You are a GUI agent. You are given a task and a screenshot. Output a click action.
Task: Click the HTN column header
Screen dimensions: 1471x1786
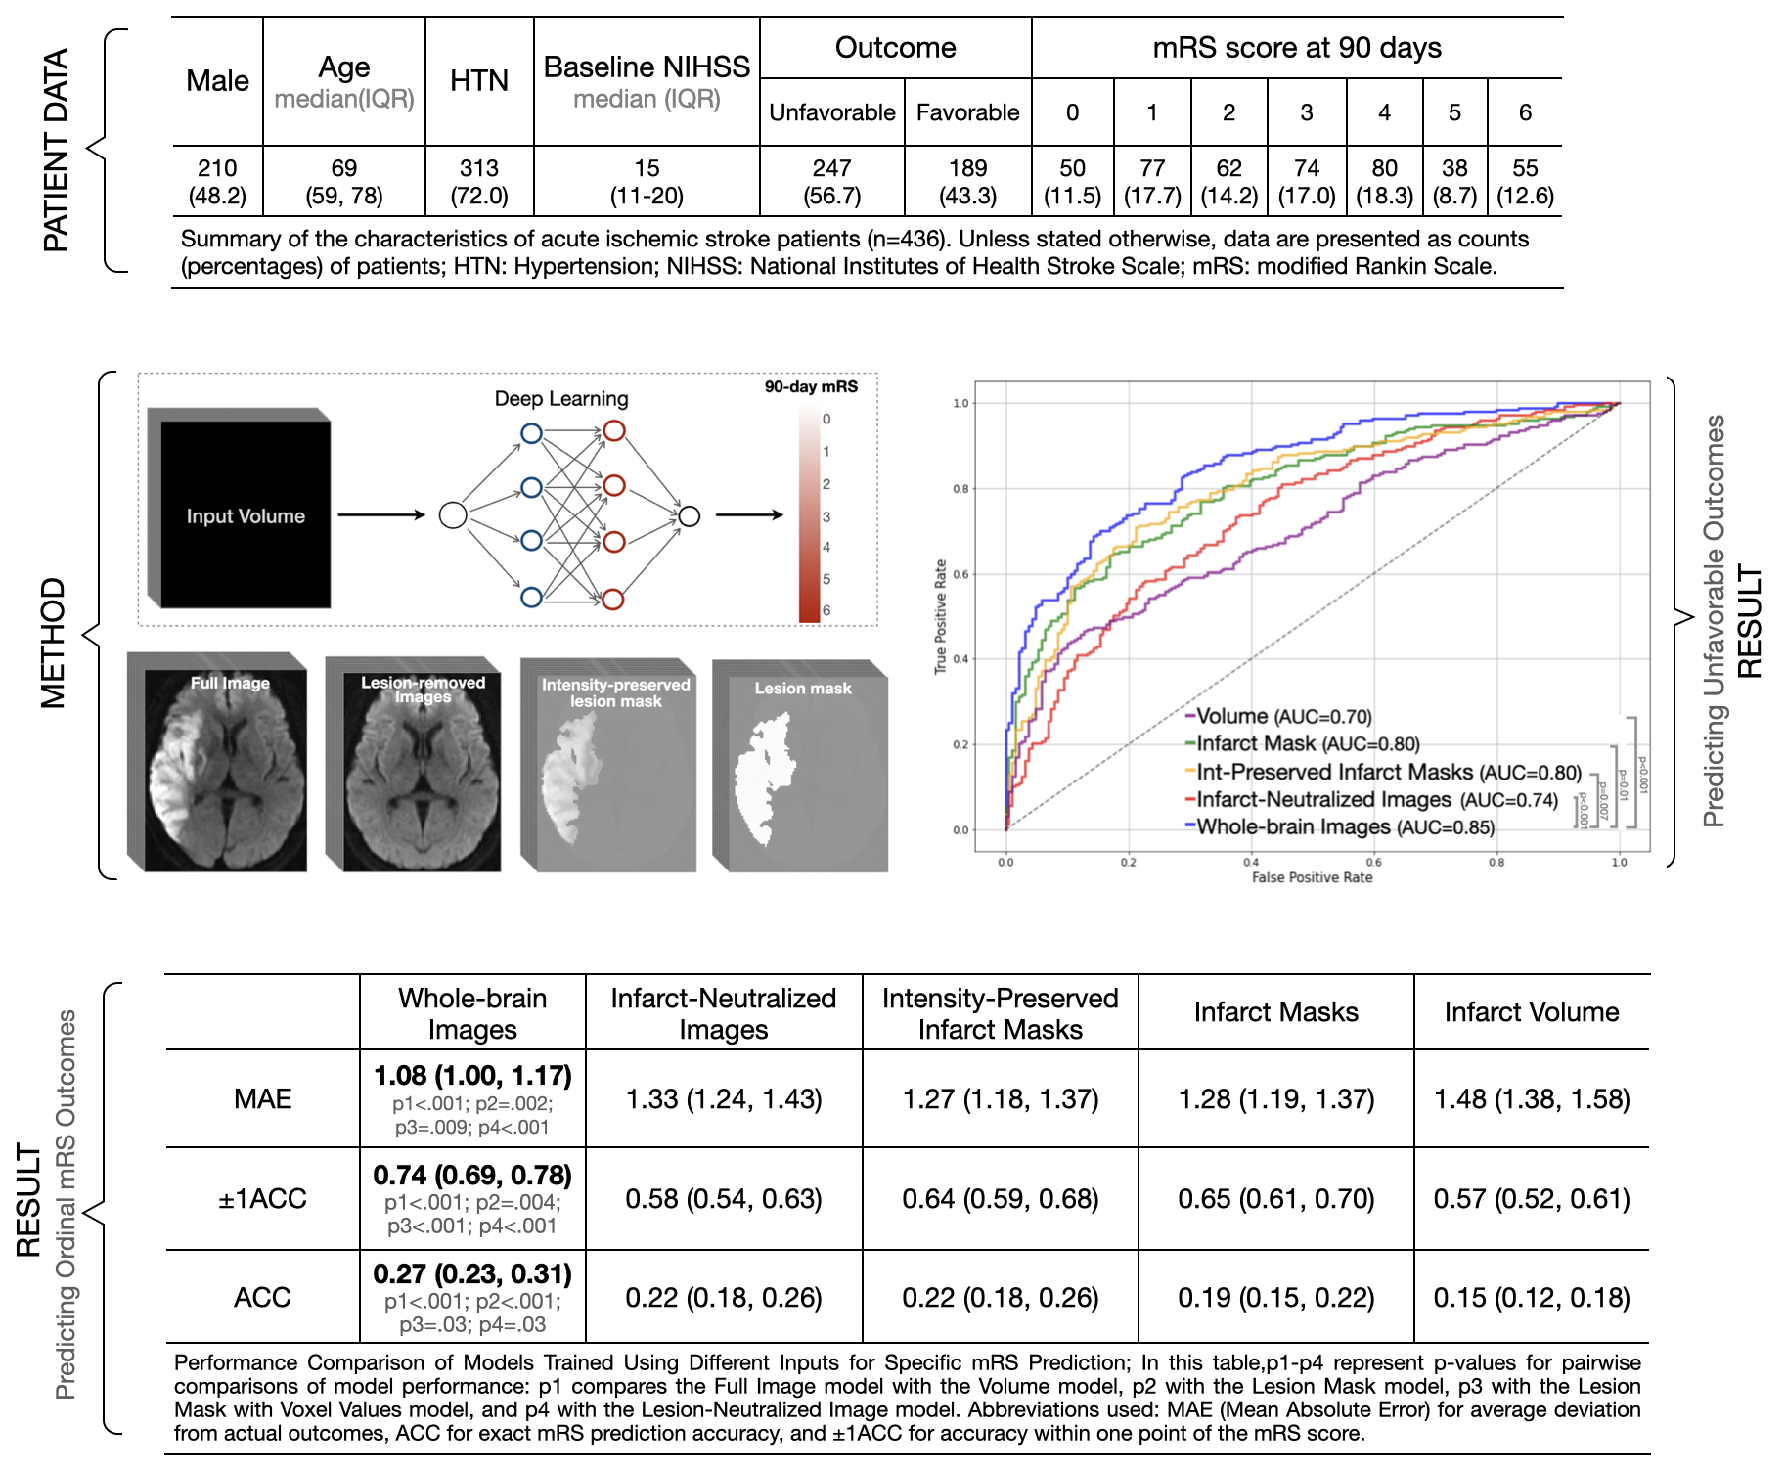coord(479,81)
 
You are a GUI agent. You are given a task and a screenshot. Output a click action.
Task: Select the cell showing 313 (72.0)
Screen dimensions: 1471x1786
coord(479,182)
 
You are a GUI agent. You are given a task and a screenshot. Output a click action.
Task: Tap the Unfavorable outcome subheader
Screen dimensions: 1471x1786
coord(831,112)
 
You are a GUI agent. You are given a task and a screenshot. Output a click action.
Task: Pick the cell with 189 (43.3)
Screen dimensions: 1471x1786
coord(967,182)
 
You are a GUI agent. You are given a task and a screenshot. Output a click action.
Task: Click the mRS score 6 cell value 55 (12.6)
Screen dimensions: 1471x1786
coord(1525,182)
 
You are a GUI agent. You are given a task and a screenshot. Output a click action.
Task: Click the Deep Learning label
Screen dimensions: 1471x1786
coord(561,399)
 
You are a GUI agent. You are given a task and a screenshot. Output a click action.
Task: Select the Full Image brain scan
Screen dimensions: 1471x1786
coord(225,769)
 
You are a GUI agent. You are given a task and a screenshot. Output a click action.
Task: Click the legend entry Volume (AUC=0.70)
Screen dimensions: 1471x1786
coord(1281,717)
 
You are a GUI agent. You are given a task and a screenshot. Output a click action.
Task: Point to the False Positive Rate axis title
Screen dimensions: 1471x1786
coord(1312,877)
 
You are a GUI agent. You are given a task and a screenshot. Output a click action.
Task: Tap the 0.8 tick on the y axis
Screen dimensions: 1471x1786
coord(960,489)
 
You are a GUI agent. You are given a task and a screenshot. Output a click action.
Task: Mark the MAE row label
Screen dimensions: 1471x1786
coord(262,1099)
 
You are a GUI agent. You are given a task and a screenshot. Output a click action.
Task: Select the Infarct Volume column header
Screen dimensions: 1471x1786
coord(1532,1012)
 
